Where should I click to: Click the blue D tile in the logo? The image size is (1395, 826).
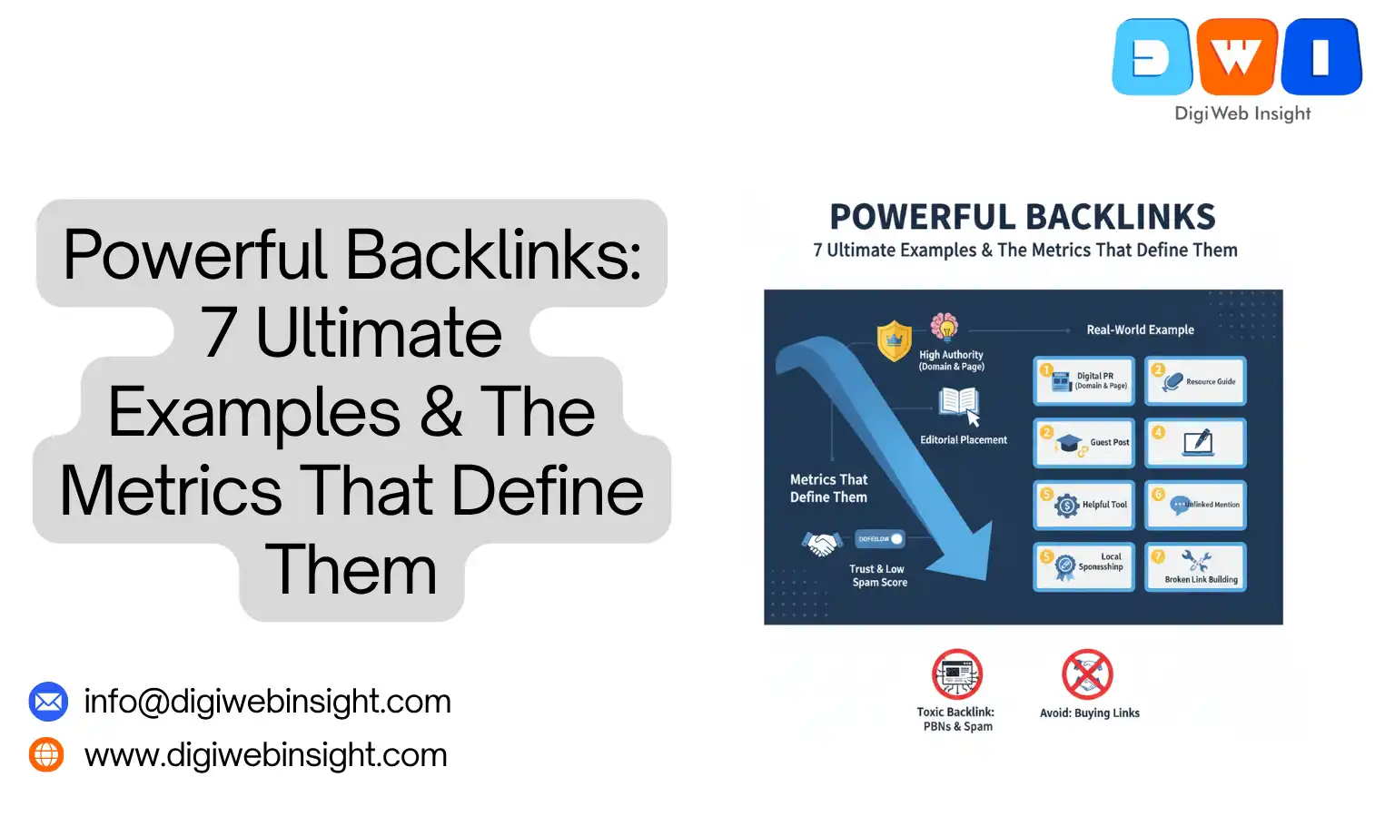(1153, 57)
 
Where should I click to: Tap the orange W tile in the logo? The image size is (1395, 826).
(1237, 56)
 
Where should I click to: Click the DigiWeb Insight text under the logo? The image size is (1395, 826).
(1242, 113)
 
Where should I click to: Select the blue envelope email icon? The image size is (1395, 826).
(48, 702)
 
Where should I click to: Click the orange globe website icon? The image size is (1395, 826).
(46, 754)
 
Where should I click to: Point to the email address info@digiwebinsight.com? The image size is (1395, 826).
(267, 702)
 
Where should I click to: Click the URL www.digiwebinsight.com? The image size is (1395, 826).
(265, 755)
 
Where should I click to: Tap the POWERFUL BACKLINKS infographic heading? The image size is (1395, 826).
(1023, 218)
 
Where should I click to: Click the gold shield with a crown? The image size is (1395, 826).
(894, 341)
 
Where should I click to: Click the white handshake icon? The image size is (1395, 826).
(822, 544)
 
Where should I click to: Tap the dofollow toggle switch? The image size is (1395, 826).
(880, 539)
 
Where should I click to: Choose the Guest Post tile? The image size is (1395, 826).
(1084, 443)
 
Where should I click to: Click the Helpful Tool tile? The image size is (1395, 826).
(1084, 505)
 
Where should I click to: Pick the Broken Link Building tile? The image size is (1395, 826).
(1196, 567)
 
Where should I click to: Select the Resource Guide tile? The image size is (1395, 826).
(1196, 381)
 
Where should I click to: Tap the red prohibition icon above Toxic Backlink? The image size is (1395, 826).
(957, 674)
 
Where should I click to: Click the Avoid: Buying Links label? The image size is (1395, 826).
(1089, 713)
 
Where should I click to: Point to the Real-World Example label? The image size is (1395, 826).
(1140, 330)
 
